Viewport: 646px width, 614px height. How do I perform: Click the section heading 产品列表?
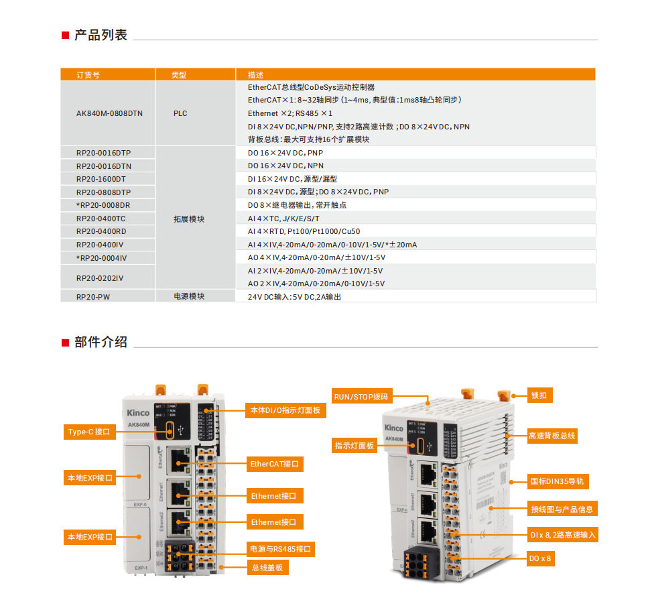pos(100,36)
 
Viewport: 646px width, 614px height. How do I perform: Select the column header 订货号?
pos(88,75)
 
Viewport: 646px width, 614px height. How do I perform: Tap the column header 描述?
pos(255,75)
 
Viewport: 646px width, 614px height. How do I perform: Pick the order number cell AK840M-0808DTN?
pos(109,113)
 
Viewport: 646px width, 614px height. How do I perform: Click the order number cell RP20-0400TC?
pos(101,219)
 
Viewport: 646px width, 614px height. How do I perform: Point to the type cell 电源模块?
pos(188,296)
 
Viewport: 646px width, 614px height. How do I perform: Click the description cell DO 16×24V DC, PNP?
pos(285,153)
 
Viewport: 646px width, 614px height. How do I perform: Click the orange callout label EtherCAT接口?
pos(275,464)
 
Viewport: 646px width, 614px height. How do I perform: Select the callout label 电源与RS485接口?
pos(280,549)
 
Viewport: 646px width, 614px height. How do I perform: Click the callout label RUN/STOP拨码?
pos(361,396)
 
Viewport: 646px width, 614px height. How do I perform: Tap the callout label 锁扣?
pos(539,395)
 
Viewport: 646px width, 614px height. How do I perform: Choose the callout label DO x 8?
pos(541,558)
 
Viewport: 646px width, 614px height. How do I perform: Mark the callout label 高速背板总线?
pos(552,436)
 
